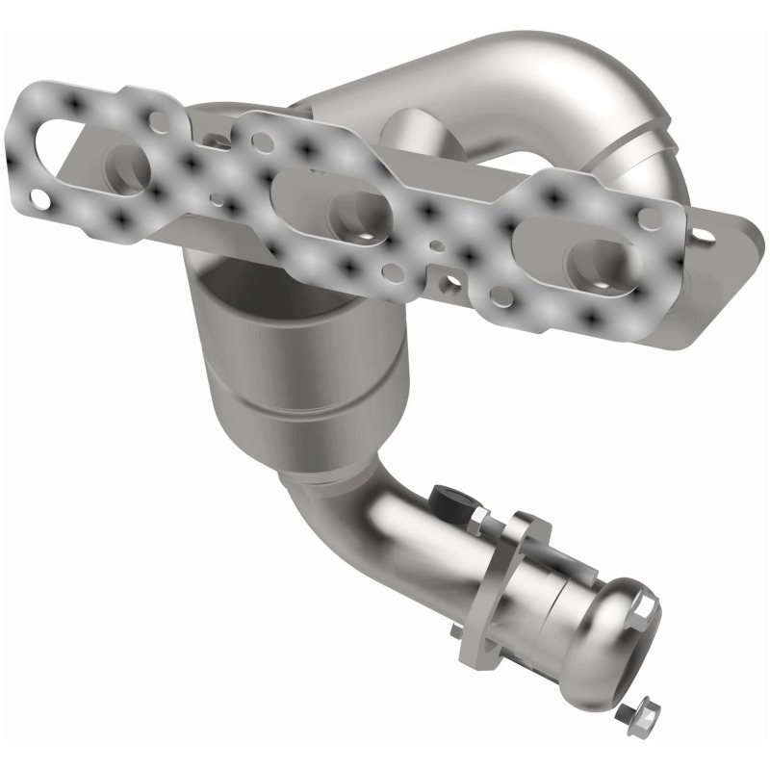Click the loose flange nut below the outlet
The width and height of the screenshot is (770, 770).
pos(627,713)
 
